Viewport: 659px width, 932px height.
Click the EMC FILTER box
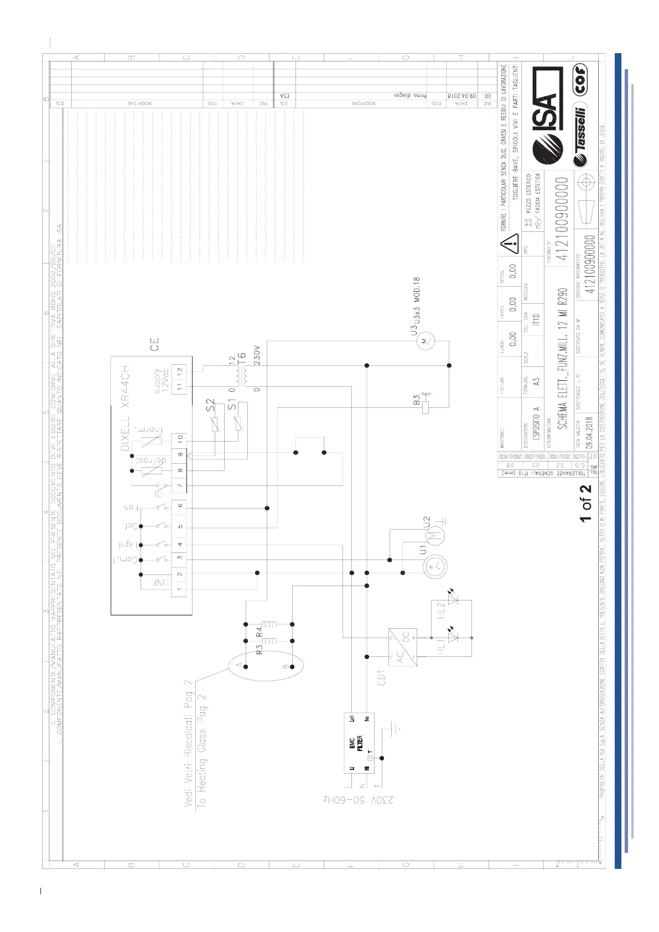pos(359,743)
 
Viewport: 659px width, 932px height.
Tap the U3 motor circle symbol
pos(426,341)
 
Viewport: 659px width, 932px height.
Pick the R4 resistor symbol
pos(269,624)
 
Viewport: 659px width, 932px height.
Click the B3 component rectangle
pos(426,408)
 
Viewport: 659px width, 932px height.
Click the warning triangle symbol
pos(509,242)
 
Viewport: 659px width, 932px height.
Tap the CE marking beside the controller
pos(154,344)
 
